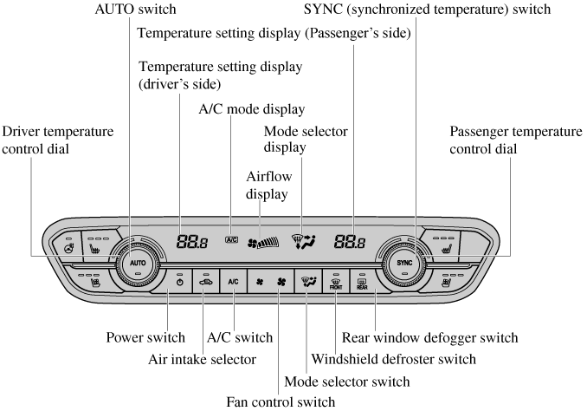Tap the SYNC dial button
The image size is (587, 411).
click(x=404, y=262)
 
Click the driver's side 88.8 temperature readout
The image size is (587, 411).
click(x=191, y=243)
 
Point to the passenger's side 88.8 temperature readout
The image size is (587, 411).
click(x=350, y=243)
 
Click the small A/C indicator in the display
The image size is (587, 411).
click(x=231, y=238)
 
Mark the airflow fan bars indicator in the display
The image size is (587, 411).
click(x=263, y=244)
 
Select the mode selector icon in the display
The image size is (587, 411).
click(x=305, y=241)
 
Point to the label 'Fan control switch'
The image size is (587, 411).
click(x=280, y=401)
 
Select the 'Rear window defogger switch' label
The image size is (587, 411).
click(x=429, y=336)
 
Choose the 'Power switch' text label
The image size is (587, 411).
click(x=145, y=336)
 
